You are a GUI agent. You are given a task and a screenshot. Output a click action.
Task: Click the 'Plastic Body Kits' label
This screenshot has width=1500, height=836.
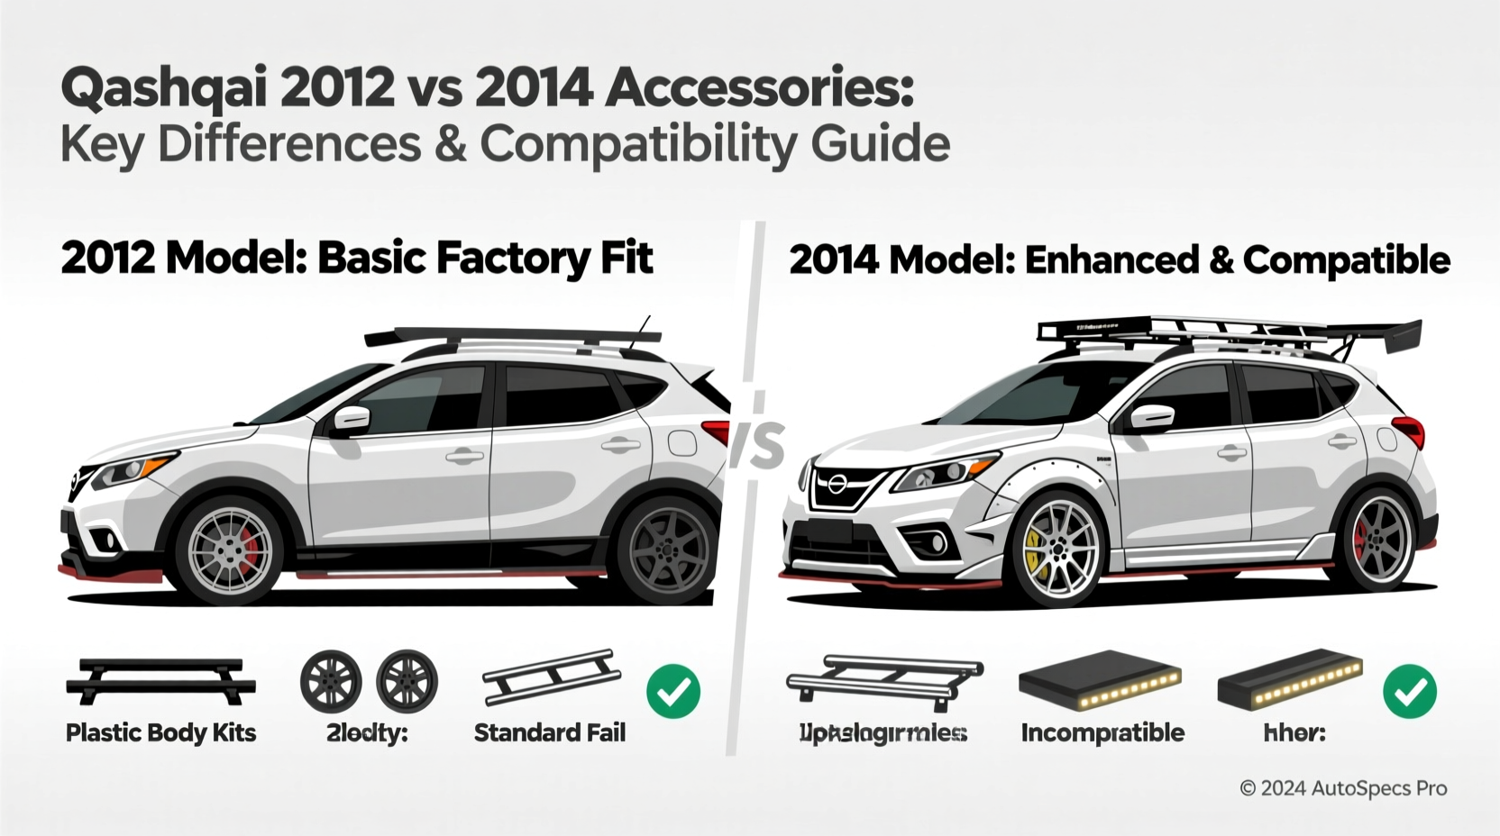[160, 732]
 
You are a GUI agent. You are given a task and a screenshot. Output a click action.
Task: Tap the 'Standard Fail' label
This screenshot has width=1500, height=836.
[549, 732]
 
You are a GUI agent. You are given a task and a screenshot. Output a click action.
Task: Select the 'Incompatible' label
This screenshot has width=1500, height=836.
[1102, 732]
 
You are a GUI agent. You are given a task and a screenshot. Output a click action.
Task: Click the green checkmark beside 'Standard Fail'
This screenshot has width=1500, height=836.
[673, 691]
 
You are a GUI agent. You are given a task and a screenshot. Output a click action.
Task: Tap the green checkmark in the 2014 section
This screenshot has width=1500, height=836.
[1410, 691]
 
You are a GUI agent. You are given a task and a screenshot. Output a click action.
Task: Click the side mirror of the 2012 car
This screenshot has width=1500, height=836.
[351, 418]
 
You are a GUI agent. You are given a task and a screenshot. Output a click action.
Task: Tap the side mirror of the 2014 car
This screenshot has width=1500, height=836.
[1151, 417]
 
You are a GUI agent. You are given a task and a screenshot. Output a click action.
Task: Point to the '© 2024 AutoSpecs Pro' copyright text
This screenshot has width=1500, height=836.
[1343, 788]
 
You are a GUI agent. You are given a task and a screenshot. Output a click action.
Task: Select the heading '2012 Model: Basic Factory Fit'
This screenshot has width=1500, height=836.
[356, 259]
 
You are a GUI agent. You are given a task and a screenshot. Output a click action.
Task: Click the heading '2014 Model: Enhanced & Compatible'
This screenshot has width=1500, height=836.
[1119, 260]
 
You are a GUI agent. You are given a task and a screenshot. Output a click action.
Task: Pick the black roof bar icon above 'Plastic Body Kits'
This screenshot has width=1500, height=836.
[160, 681]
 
